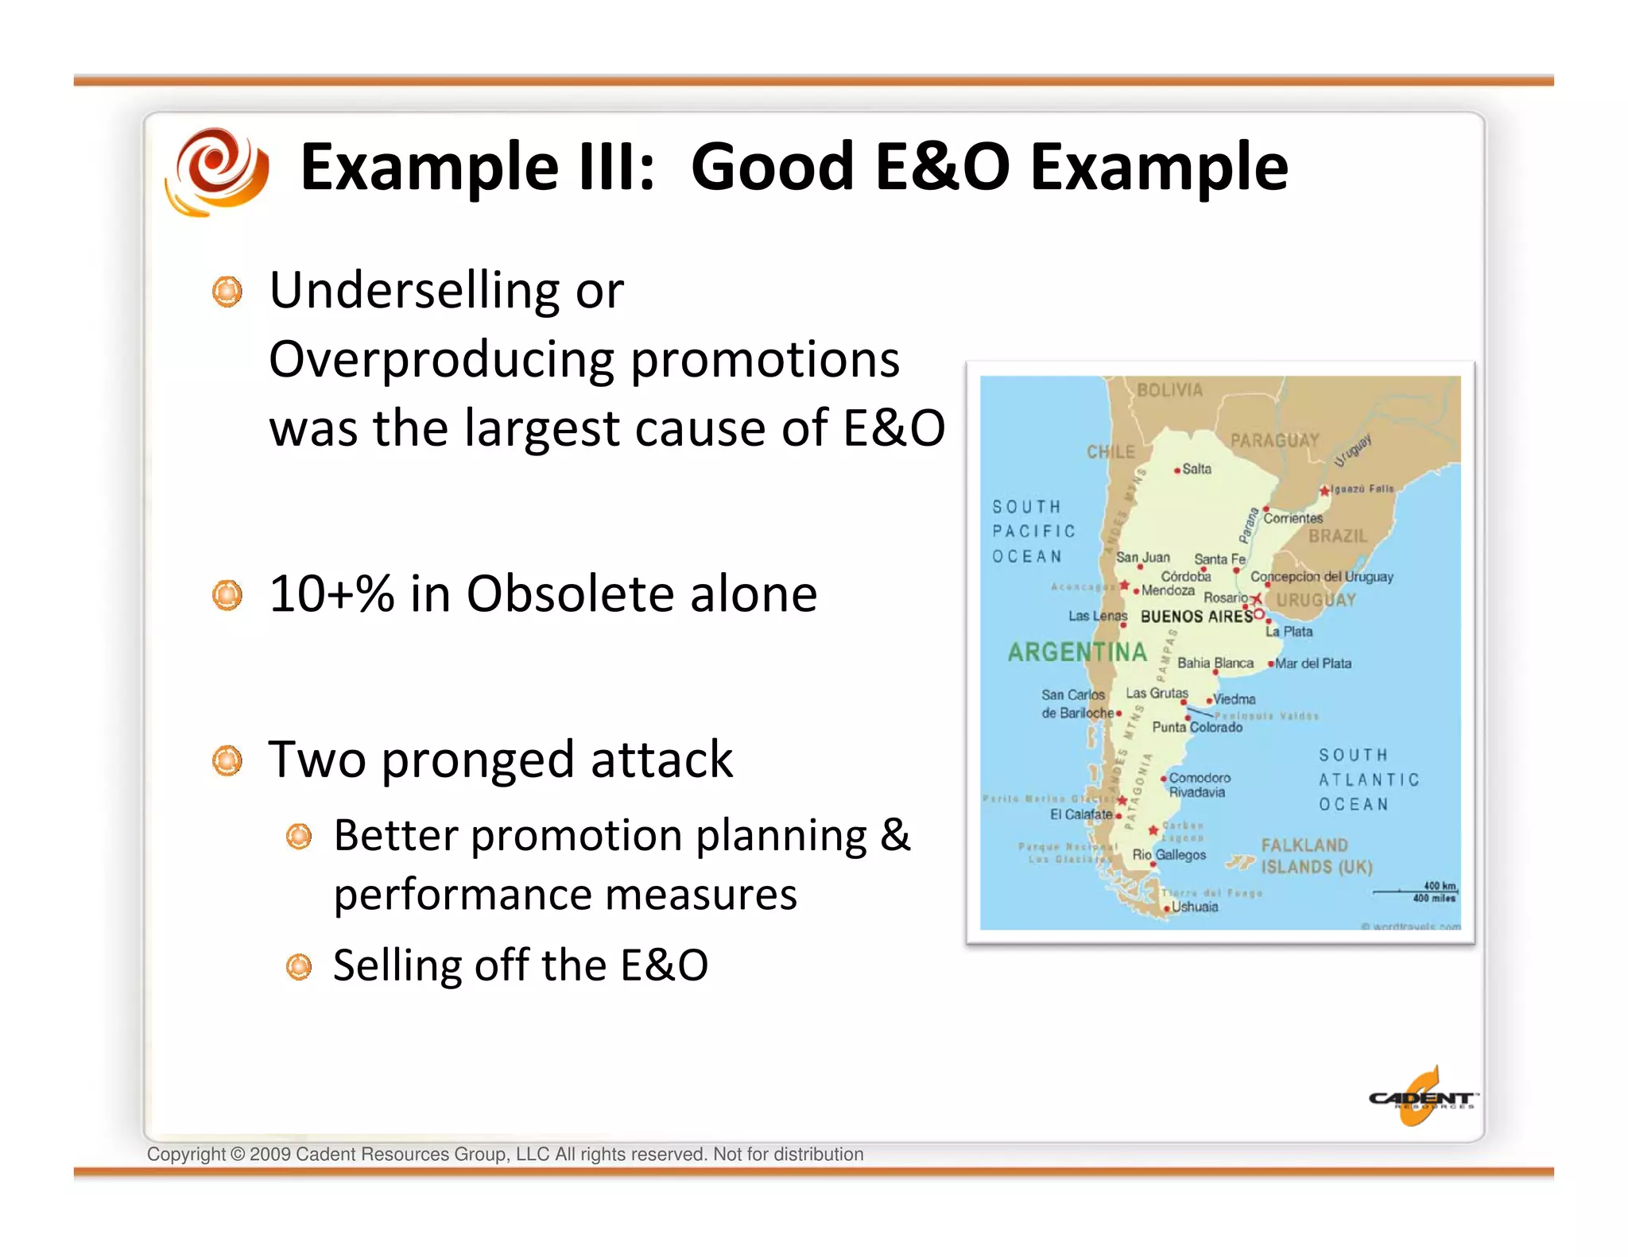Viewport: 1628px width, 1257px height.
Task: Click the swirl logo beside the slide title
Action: pos(216,171)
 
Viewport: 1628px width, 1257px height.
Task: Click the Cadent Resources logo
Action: pos(1421,1098)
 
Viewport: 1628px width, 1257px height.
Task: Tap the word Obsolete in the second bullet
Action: pos(572,594)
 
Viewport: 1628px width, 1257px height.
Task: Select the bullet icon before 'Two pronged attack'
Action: pos(227,760)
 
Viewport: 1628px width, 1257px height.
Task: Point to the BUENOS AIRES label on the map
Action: pos(1196,617)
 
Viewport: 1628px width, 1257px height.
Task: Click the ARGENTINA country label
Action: pos(1077,652)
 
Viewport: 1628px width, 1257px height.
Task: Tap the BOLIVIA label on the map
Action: pos(1169,390)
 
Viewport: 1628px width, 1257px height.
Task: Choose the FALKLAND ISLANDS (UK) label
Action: pos(1316,857)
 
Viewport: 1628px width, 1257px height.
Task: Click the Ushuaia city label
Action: pos(1194,907)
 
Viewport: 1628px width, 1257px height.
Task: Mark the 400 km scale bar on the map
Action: pos(1416,892)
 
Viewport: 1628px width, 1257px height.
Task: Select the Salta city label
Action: pos(1196,469)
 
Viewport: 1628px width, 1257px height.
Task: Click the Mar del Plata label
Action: pos(1312,663)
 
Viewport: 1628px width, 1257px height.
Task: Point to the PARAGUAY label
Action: pos(1274,440)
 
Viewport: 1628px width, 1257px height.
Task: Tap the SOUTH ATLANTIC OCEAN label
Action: pos(1367,779)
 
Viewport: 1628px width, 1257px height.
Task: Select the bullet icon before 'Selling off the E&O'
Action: pos(299,966)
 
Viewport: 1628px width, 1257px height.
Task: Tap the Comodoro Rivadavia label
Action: pos(1199,785)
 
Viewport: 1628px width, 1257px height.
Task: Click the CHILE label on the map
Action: pos(1111,452)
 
